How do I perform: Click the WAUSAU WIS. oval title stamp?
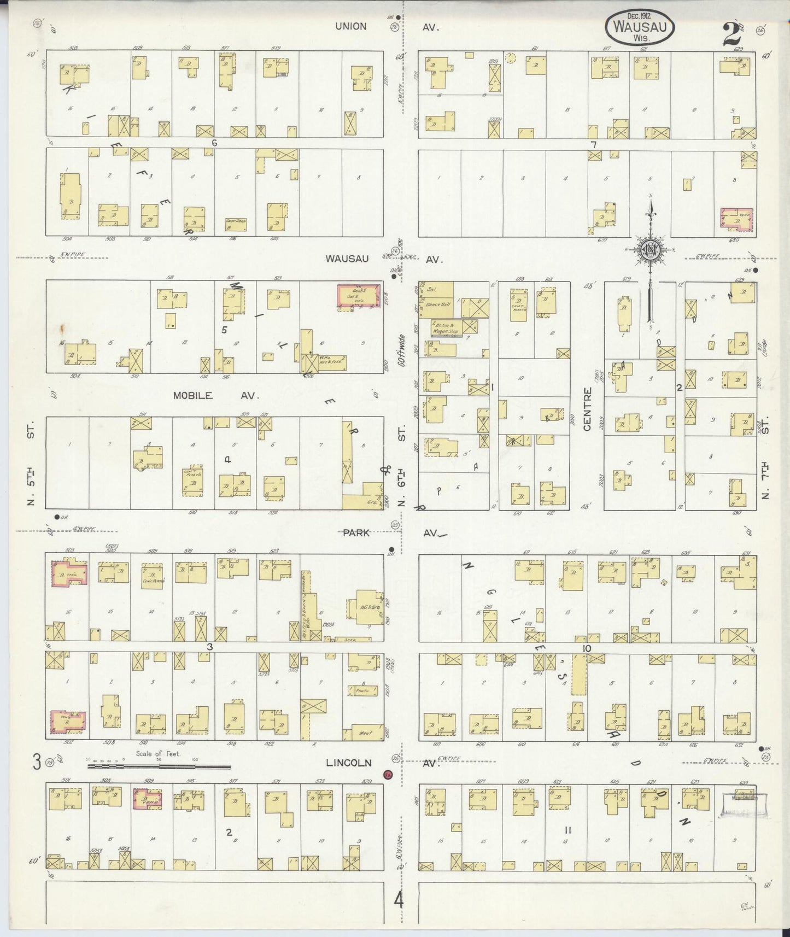pyautogui.click(x=639, y=25)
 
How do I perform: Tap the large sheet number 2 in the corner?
pyautogui.click(x=731, y=34)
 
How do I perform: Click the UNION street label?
pyautogui.click(x=351, y=26)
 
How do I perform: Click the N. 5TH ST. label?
pyautogui.click(x=31, y=464)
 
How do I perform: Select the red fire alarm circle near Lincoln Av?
pyautogui.click(x=388, y=774)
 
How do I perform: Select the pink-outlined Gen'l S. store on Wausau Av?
pyautogui.click(x=358, y=295)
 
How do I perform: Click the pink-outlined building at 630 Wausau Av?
pyautogui.click(x=736, y=219)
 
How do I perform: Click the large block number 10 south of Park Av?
pyautogui.click(x=586, y=648)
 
